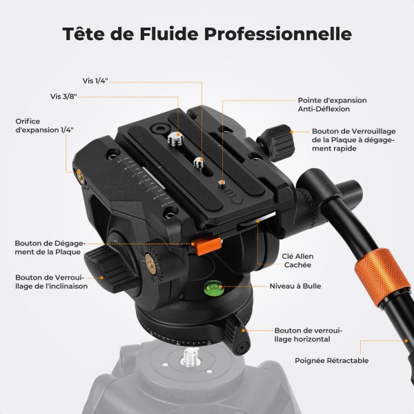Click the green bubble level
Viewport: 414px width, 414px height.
coord(213,288)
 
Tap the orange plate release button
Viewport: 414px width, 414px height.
coord(207,246)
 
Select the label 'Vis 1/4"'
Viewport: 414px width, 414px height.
coord(95,81)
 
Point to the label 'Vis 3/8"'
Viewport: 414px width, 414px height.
coord(63,96)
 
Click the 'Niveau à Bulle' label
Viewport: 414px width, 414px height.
coord(295,286)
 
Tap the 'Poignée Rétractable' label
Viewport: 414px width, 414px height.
coord(332,361)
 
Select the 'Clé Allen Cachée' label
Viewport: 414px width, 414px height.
coord(297,260)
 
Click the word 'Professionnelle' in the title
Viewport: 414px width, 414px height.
coord(278,34)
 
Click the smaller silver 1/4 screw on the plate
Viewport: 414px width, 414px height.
coord(199,162)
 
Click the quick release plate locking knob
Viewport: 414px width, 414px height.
coord(277,143)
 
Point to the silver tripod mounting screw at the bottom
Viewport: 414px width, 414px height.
coord(191,357)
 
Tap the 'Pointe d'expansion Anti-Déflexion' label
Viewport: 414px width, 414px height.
coord(332,105)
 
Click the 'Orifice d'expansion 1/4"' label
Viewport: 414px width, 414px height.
coord(44,126)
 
